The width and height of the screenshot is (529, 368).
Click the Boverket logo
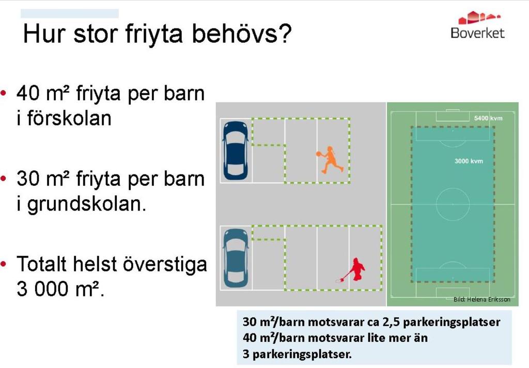(478, 25)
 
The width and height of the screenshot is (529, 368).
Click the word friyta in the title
(154, 34)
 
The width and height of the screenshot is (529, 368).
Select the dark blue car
(236, 151)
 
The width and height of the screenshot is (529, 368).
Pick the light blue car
(236, 258)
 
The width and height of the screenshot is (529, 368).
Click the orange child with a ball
(330, 159)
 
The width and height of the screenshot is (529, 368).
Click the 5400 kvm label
(488, 118)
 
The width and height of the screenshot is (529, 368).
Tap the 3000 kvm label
(469, 161)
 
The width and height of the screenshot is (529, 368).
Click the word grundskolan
(87, 204)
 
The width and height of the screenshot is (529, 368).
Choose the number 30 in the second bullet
(28, 179)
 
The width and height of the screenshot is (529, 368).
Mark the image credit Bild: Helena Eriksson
(482, 299)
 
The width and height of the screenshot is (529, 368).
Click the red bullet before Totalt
(4, 264)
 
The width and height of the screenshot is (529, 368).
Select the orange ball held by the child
(318, 154)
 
